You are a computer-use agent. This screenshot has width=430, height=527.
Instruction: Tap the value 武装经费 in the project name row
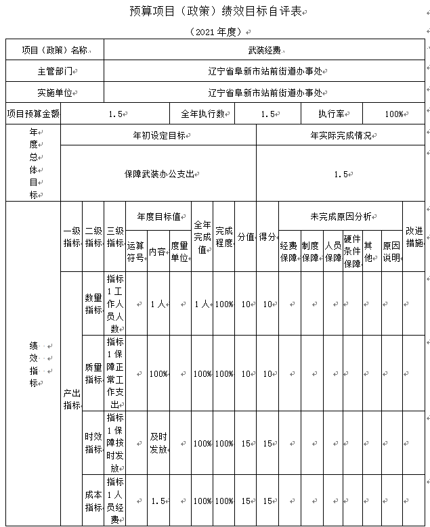(x=263, y=50)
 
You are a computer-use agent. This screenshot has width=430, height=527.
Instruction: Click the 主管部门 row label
(x=55, y=71)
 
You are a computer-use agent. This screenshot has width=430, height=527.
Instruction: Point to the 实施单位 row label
(x=55, y=93)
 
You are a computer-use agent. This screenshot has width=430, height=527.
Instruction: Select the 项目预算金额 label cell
(x=33, y=114)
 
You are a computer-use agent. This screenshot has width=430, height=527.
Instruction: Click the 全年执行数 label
(x=202, y=114)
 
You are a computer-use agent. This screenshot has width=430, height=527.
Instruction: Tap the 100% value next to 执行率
(x=393, y=114)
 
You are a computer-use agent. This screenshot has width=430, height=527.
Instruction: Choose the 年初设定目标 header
(x=159, y=135)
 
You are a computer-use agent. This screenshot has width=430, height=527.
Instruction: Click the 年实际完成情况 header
(x=341, y=135)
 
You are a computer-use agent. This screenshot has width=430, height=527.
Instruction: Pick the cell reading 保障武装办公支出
(x=159, y=174)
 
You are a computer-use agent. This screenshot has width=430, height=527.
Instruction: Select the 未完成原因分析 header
(x=341, y=217)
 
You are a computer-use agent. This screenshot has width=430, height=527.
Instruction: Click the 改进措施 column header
(x=414, y=236)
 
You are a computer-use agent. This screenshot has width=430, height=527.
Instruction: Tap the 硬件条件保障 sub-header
(x=352, y=251)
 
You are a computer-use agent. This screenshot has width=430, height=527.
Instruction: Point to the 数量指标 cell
(x=93, y=304)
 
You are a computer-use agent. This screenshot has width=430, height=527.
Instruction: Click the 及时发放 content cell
(x=158, y=443)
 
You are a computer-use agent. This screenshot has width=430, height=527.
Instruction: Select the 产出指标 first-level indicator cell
(x=71, y=398)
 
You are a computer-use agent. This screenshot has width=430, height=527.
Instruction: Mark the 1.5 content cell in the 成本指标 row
(x=158, y=501)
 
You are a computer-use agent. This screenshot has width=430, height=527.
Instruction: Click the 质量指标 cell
(x=93, y=373)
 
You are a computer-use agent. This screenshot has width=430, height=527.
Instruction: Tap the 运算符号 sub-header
(x=136, y=251)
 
